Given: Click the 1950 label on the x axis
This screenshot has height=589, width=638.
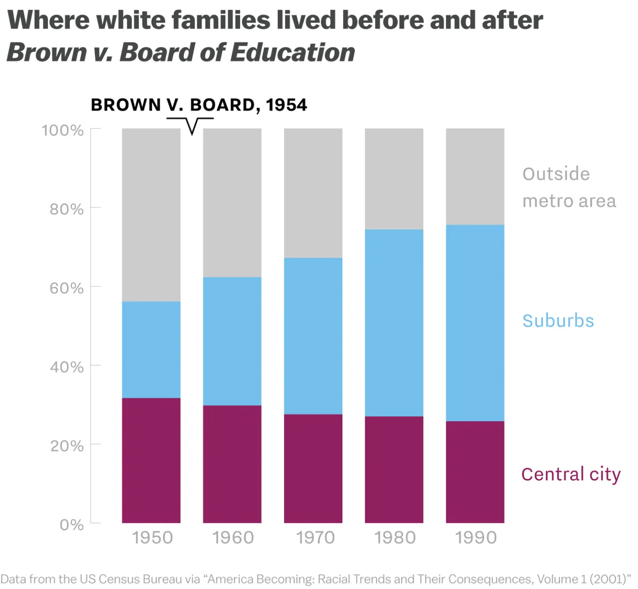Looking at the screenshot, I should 152,538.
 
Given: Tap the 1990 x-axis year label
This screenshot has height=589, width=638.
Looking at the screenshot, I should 476,538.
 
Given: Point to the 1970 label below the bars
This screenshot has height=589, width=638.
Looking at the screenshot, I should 315,538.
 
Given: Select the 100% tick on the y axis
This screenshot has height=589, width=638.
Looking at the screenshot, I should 62,130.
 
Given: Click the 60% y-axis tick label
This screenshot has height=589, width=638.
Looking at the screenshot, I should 67,288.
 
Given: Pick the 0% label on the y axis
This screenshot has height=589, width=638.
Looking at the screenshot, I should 72,525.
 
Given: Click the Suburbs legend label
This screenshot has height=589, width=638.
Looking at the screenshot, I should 558,321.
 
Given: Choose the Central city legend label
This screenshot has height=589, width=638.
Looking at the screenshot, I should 571,474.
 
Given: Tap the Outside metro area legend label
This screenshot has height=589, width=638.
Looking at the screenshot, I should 569,187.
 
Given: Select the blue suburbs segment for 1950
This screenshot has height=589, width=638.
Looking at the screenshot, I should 151,350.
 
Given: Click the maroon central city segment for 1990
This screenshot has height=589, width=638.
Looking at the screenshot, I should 475,472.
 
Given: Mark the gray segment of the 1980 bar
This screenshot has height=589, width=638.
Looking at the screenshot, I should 394,179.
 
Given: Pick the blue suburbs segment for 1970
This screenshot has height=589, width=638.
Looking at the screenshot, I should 313,336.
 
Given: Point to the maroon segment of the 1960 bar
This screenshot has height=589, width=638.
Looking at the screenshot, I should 232,464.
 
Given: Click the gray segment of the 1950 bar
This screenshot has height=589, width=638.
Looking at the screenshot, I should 151,215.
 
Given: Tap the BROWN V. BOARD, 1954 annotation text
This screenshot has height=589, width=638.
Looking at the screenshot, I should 199,105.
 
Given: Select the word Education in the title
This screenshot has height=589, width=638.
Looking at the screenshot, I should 292,52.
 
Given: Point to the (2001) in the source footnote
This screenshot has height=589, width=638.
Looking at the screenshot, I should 610,579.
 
